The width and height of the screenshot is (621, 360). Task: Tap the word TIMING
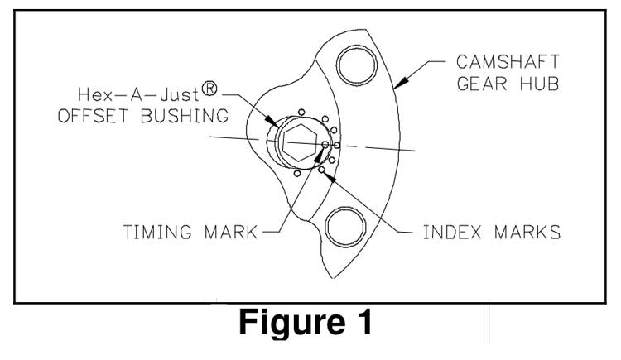tap(153, 232)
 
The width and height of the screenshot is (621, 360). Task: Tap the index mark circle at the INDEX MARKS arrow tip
tap(321, 170)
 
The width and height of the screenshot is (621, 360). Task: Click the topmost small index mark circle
tap(303, 113)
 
